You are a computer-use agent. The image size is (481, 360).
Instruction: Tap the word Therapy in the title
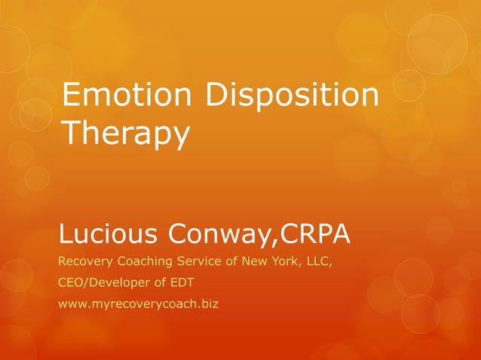[x=124, y=135]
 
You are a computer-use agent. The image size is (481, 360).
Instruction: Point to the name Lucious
[x=105, y=236]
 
